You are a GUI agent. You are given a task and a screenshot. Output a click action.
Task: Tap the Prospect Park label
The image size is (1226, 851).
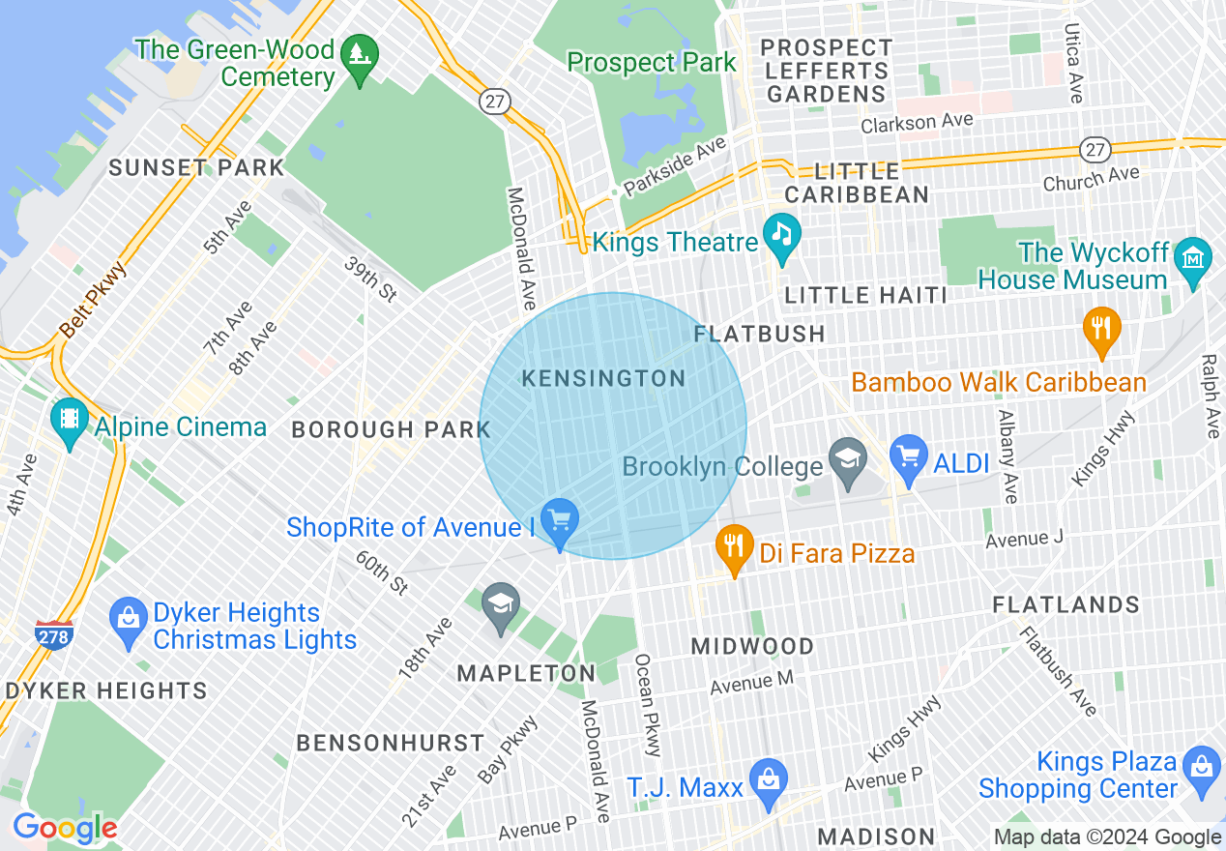pyautogui.click(x=651, y=63)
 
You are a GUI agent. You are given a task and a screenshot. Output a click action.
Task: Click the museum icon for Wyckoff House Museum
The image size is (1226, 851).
pyautogui.click(x=1192, y=259)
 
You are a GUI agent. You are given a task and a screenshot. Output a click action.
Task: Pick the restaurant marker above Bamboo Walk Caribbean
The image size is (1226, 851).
pyautogui.click(x=1100, y=328)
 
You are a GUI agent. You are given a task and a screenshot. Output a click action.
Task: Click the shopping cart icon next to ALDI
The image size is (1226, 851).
pyautogui.click(x=908, y=456)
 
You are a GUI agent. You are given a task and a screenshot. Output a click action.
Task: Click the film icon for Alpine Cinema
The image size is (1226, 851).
pyautogui.click(x=69, y=421)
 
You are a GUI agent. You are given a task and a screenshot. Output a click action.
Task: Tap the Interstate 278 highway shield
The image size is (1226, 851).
pyautogui.click(x=52, y=635)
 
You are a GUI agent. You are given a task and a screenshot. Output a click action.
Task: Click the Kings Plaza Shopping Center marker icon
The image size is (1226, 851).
pyautogui.click(x=1201, y=768)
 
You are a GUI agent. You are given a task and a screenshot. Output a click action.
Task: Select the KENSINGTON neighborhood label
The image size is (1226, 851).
pyautogui.click(x=603, y=379)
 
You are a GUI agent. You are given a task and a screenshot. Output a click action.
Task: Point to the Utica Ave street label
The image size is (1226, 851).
pyautogui.click(x=1073, y=64)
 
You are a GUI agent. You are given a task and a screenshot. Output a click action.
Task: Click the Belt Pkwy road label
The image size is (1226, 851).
pyautogui.click(x=92, y=300)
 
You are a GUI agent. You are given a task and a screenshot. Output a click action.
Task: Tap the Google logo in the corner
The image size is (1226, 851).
pyautogui.click(x=64, y=828)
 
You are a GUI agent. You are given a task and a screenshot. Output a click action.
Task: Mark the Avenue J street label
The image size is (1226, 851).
pyautogui.click(x=1024, y=539)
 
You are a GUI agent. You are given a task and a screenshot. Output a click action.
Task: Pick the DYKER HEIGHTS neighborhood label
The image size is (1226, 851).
pyautogui.click(x=105, y=690)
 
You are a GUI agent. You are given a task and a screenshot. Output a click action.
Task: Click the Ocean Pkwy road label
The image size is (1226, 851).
pyautogui.click(x=649, y=705)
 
